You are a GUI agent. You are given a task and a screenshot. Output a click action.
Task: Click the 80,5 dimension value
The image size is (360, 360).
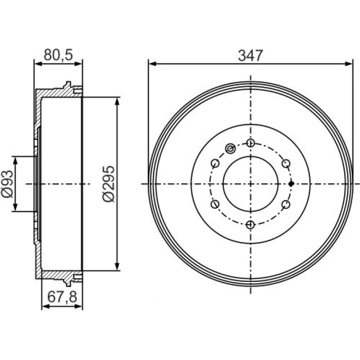pos(58,55)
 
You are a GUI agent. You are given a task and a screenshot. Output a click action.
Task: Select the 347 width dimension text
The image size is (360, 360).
pos(250,56)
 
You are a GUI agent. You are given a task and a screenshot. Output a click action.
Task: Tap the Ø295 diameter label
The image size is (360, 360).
pos(108,184)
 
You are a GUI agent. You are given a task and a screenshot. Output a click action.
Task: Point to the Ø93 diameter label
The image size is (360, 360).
pos(7,184)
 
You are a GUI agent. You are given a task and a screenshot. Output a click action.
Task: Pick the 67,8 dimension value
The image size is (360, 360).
pos(62,297)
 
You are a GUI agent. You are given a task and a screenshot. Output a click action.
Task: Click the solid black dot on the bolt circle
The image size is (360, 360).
pos(291,184)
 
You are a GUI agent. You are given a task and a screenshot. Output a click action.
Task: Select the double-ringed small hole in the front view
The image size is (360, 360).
pos(230,149)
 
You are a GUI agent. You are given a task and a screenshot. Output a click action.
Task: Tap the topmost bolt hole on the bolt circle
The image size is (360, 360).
pos(251,143)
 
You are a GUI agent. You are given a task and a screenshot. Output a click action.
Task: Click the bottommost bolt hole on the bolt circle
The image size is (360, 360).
pos(251,224)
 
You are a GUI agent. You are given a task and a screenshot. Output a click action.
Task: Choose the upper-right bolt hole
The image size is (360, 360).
pos(286,164)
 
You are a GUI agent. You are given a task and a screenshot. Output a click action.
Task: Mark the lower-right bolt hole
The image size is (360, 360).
pos(286,204)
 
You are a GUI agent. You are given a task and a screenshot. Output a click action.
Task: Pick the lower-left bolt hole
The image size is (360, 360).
pos(215,204)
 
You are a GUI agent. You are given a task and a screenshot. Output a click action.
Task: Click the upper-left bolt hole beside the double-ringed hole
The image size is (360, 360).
pos(215,164)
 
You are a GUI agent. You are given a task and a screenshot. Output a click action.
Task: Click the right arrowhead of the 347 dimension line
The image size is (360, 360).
pos(348,64)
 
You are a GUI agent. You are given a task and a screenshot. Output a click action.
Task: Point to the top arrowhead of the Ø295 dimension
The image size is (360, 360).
pos(117,101)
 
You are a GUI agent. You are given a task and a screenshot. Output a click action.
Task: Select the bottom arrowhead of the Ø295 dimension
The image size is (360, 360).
pos(117,266)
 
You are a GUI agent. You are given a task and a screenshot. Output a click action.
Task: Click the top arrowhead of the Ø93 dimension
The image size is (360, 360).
pos(15,160)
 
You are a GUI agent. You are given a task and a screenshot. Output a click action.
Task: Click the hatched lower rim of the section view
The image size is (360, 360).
pos(58,275)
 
